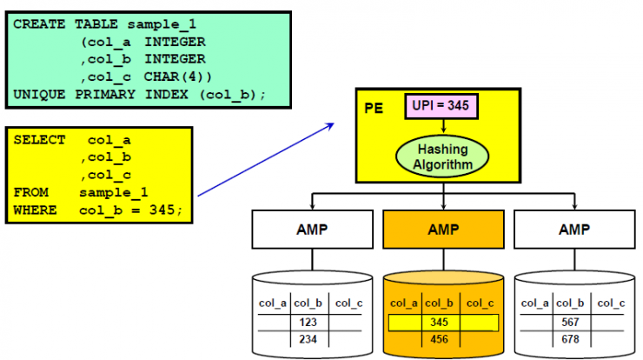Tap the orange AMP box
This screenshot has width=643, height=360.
coord(443,230)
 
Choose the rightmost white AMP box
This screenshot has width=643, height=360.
coord(574,230)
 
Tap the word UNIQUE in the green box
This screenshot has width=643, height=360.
coord(36,94)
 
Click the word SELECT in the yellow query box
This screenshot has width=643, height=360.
coord(36,139)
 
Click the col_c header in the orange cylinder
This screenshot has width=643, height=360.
coord(481,303)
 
